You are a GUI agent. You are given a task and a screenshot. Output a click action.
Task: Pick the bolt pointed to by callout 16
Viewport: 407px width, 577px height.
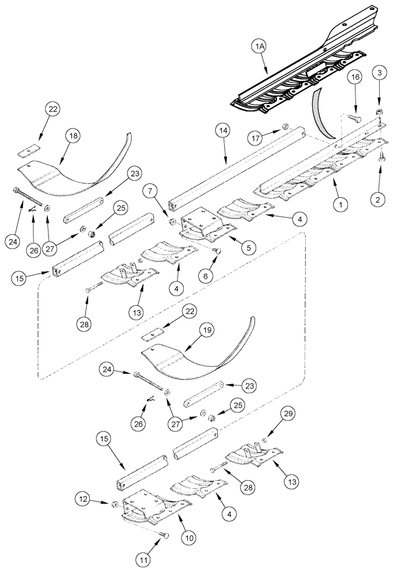[x=356, y=118]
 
